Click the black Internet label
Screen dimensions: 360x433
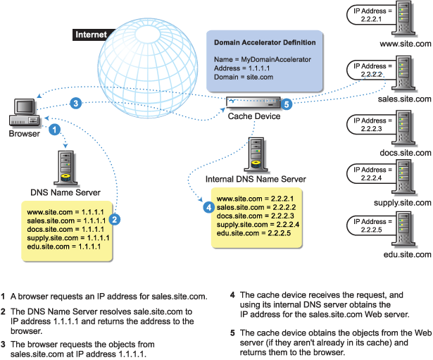click(x=91, y=34)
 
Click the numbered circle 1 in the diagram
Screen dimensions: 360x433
click(x=53, y=130)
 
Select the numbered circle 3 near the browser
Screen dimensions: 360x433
click(x=76, y=103)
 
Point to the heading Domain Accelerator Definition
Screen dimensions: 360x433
click(x=264, y=44)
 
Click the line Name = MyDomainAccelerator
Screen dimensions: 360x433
click(x=262, y=60)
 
